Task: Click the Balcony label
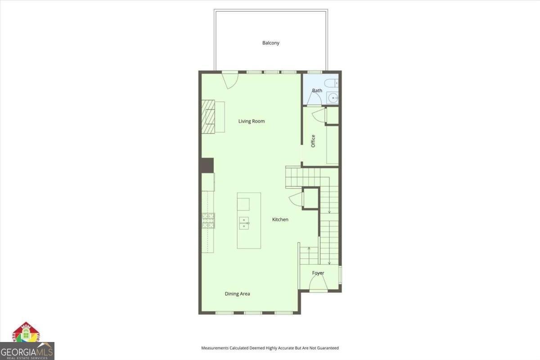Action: pos(271,43)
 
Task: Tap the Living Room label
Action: pos(252,121)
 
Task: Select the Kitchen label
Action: pos(280,220)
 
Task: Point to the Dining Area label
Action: pos(237,294)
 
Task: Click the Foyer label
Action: pos(318,273)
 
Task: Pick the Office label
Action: pos(313,141)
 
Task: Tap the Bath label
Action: pos(317,90)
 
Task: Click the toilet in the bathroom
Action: pos(332,83)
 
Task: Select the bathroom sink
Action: pos(333,98)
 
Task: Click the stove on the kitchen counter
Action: pos(208,220)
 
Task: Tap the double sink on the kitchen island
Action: pos(243,223)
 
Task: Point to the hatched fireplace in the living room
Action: pos(208,116)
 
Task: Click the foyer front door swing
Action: pos(318,283)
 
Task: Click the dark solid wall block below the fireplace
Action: pos(207,165)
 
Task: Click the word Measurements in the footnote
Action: pos(215,348)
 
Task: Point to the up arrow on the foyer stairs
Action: pos(309,248)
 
